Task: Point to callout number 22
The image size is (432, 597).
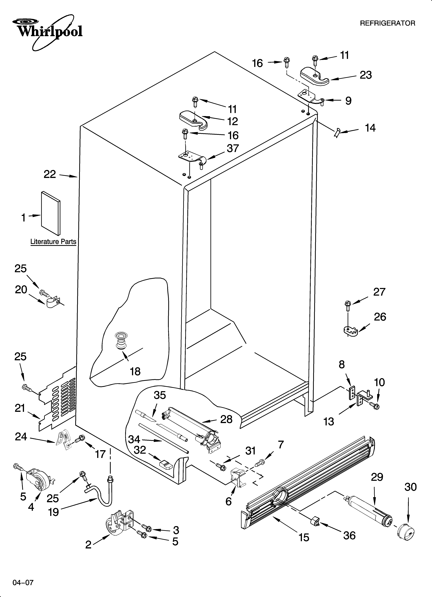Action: point(50,174)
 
